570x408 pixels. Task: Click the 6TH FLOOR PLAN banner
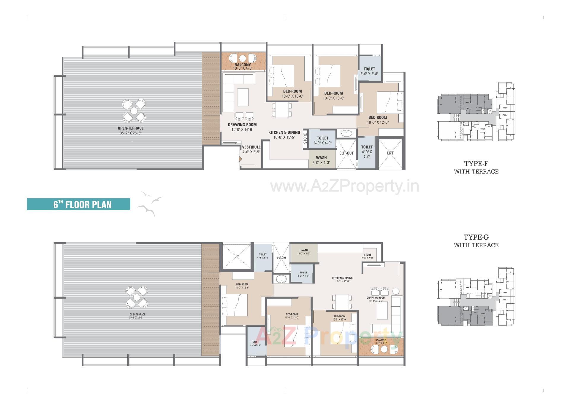[79, 204]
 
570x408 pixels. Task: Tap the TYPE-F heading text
[476, 163]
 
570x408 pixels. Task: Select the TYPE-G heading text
[476, 237]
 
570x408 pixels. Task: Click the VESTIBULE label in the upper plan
[251, 147]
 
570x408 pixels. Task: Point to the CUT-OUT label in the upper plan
[346, 153]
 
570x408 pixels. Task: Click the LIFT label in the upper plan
[390, 153]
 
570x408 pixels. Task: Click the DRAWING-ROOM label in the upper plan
[242, 125]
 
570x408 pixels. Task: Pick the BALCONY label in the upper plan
[243, 65]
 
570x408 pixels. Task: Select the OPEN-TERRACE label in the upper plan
[131, 128]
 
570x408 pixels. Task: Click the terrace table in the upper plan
[134, 111]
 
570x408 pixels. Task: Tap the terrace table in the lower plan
[137, 297]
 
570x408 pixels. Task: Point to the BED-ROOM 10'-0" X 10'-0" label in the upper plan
[292, 93]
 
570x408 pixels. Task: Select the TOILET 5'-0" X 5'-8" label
[369, 71]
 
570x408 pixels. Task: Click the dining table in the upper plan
[282, 110]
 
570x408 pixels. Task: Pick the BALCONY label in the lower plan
[381, 340]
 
